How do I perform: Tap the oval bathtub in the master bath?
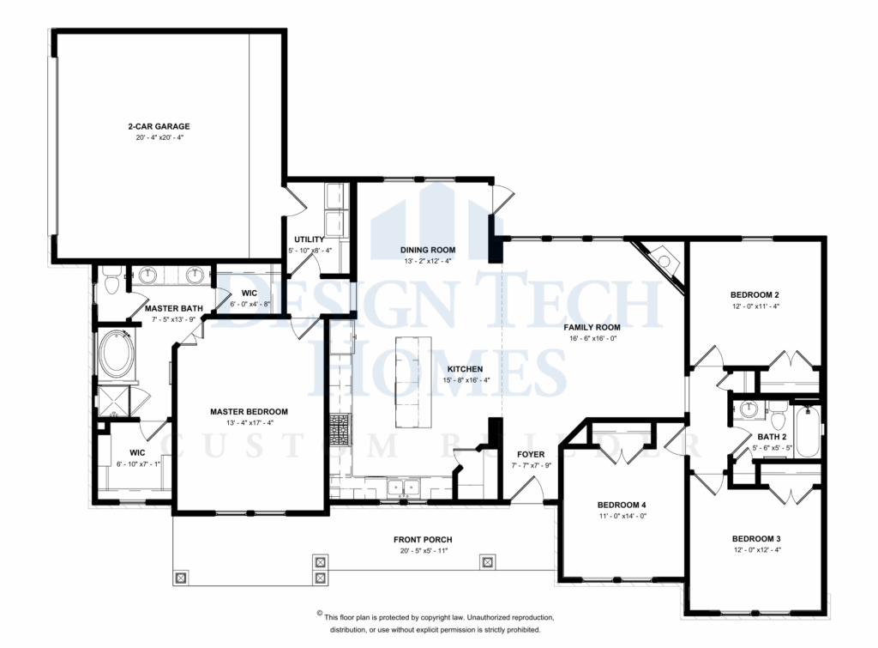[x=117, y=355]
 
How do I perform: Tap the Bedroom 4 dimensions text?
[x=621, y=517]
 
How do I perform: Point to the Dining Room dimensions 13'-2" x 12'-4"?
[x=426, y=261]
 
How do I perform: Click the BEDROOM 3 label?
[x=755, y=539]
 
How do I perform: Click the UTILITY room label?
[x=308, y=239]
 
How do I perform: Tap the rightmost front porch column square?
[x=488, y=562]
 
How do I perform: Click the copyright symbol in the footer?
[x=320, y=614]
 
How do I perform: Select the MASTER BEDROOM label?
[x=249, y=411]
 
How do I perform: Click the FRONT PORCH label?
[x=423, y=540]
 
